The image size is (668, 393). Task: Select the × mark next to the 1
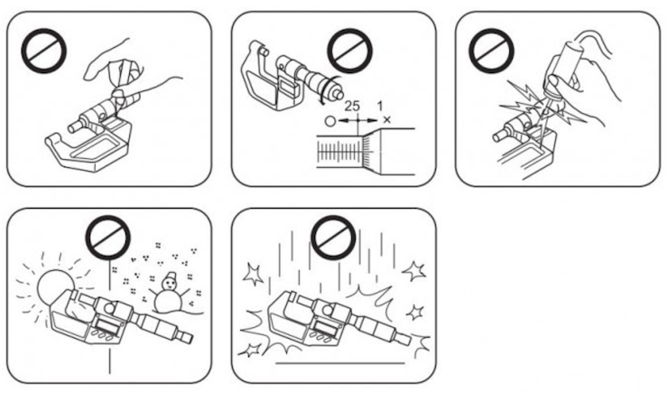[x=387, y=119]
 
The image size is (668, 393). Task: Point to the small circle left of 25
[x=331, y=119]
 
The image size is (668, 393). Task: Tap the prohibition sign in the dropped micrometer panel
[x=330, y=239]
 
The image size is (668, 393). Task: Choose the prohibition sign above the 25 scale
[x=348, y=49]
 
